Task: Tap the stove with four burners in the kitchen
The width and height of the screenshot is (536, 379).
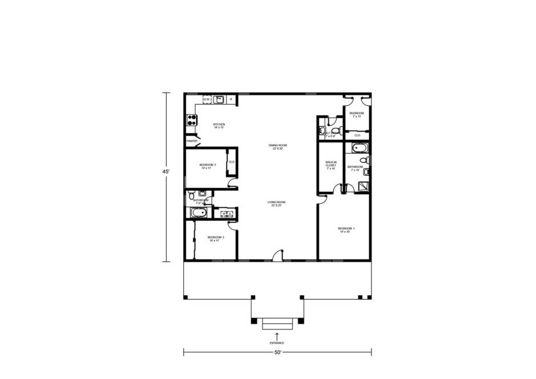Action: tap(191, 120)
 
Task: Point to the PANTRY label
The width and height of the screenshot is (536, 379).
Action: tap(192, 141)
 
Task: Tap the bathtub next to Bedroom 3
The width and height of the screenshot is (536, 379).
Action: tap(199, 213)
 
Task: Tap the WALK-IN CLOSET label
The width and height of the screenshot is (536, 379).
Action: tap(331, 166)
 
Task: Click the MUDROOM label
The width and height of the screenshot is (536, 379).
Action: tap(356, 114)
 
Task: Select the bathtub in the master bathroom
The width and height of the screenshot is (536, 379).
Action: tap(360, 148)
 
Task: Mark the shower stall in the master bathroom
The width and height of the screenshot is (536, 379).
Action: tap(362, 185)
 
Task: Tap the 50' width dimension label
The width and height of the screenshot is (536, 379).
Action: tap(277, 352)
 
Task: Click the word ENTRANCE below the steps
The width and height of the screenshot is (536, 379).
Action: tap(277, 342)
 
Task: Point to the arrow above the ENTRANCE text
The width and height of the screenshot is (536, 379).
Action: tap(277, 335)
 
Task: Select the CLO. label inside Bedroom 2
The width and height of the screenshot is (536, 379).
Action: tap(232, 162)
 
